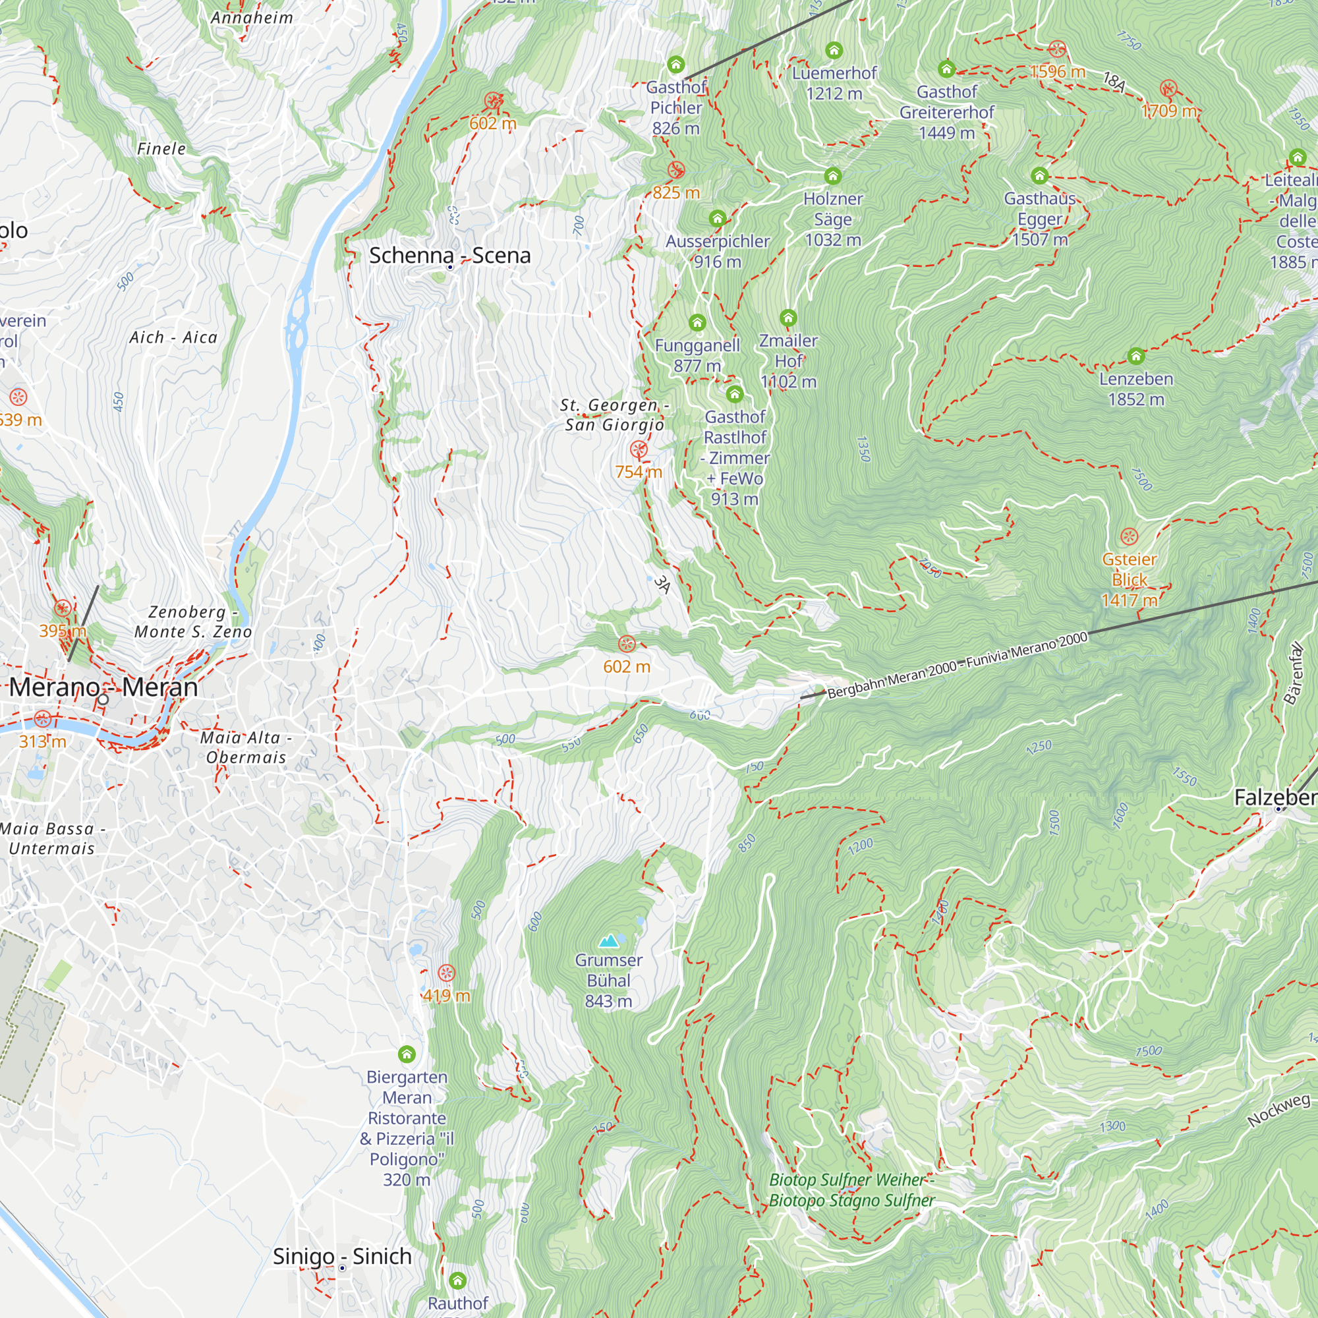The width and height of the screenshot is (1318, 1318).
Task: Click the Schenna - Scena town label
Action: pos(449,256)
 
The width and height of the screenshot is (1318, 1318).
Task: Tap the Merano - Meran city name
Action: pos(103,687)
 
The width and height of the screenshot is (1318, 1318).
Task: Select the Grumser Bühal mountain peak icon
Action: pos(608,942)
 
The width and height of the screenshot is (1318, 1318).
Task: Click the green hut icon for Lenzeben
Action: pos(1135,356)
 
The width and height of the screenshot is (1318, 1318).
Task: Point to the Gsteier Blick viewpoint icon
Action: pos(1129,536)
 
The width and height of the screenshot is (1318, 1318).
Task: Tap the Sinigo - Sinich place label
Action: pos(342,1256)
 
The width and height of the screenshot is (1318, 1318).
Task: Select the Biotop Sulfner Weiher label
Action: pos(851,1189)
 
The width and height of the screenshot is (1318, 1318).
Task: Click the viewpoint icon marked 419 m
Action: pos(446,973)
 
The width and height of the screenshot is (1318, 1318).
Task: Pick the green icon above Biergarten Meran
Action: pos(407,1054)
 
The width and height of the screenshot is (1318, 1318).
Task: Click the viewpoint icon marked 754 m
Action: pos(639,449)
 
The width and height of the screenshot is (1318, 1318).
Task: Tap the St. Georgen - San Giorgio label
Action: pos(614,415)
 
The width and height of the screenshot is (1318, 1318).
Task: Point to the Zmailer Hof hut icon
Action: pos(788,318)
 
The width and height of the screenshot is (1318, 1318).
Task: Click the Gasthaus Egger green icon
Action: pos(1039,176)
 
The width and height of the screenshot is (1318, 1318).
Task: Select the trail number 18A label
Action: pos(1114,82)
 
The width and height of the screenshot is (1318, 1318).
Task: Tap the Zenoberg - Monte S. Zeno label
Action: pos(193,621)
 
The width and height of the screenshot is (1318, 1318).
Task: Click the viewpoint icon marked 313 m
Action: pos(42,718)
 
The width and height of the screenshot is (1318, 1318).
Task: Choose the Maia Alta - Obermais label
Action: pos(246,747)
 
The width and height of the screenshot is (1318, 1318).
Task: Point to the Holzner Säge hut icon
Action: pos(832,177)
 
